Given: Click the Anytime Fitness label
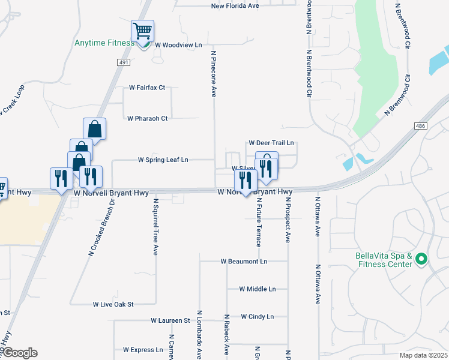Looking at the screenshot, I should point(104,43).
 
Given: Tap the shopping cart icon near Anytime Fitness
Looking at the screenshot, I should point(142,31).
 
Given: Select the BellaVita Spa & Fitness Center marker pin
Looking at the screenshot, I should point(421,259).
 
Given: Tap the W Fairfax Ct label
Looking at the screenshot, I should point(147,87).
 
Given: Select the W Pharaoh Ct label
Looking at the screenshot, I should point(148,118).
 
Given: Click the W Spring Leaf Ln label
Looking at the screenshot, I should point(163,160).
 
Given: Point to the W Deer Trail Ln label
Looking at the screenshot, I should point(271,143).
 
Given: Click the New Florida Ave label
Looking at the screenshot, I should point(235,6).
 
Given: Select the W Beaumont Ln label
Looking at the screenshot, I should point(244,262).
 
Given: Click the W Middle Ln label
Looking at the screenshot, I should point(257,289).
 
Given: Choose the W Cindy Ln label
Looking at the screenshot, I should point(257,316).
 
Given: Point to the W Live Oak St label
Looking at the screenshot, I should point(113,305).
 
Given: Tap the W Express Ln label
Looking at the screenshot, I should point(143,349).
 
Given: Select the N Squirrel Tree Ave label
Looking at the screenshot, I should point(155,227).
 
